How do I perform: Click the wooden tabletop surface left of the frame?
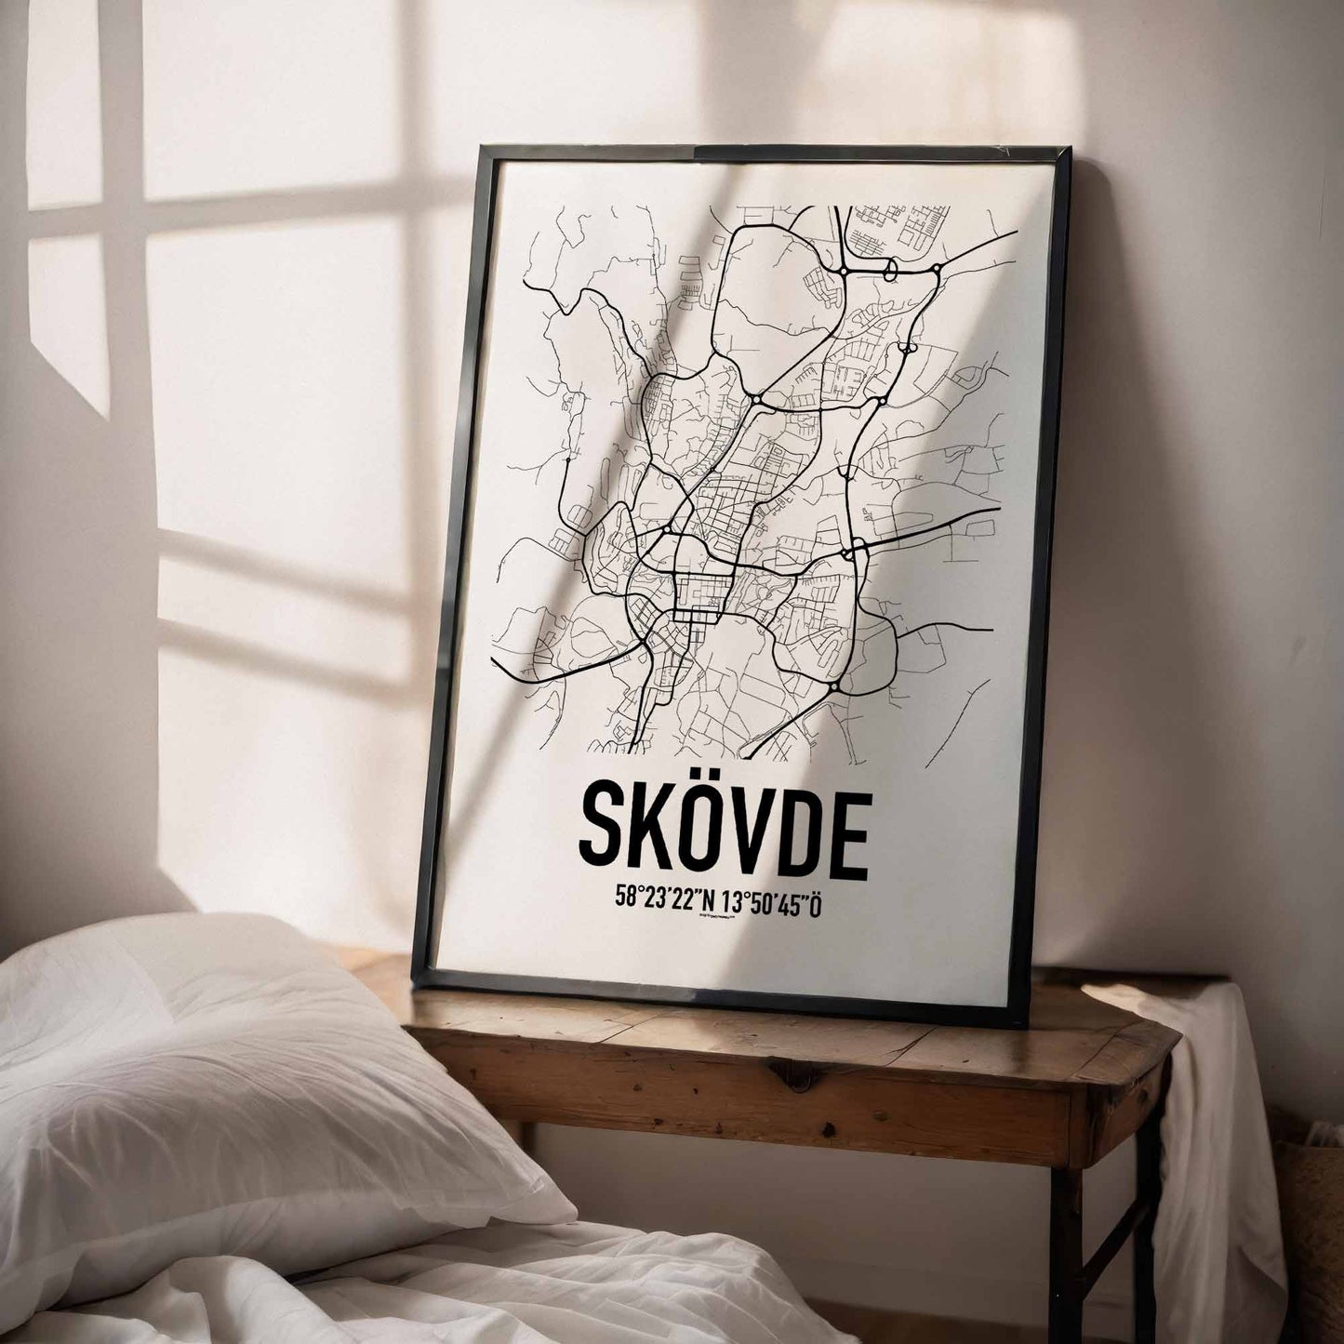tap(381, 977)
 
